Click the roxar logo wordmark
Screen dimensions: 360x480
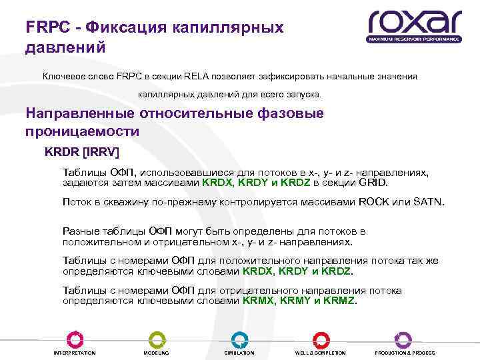414,24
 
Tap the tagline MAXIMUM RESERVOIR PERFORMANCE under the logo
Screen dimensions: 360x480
414,40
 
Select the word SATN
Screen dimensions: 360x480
428,202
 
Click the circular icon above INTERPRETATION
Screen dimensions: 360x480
75,339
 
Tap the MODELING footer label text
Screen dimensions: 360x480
156,353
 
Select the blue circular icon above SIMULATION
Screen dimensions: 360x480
239,339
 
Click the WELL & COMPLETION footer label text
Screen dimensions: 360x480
321,353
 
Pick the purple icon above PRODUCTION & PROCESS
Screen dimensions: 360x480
403,339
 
